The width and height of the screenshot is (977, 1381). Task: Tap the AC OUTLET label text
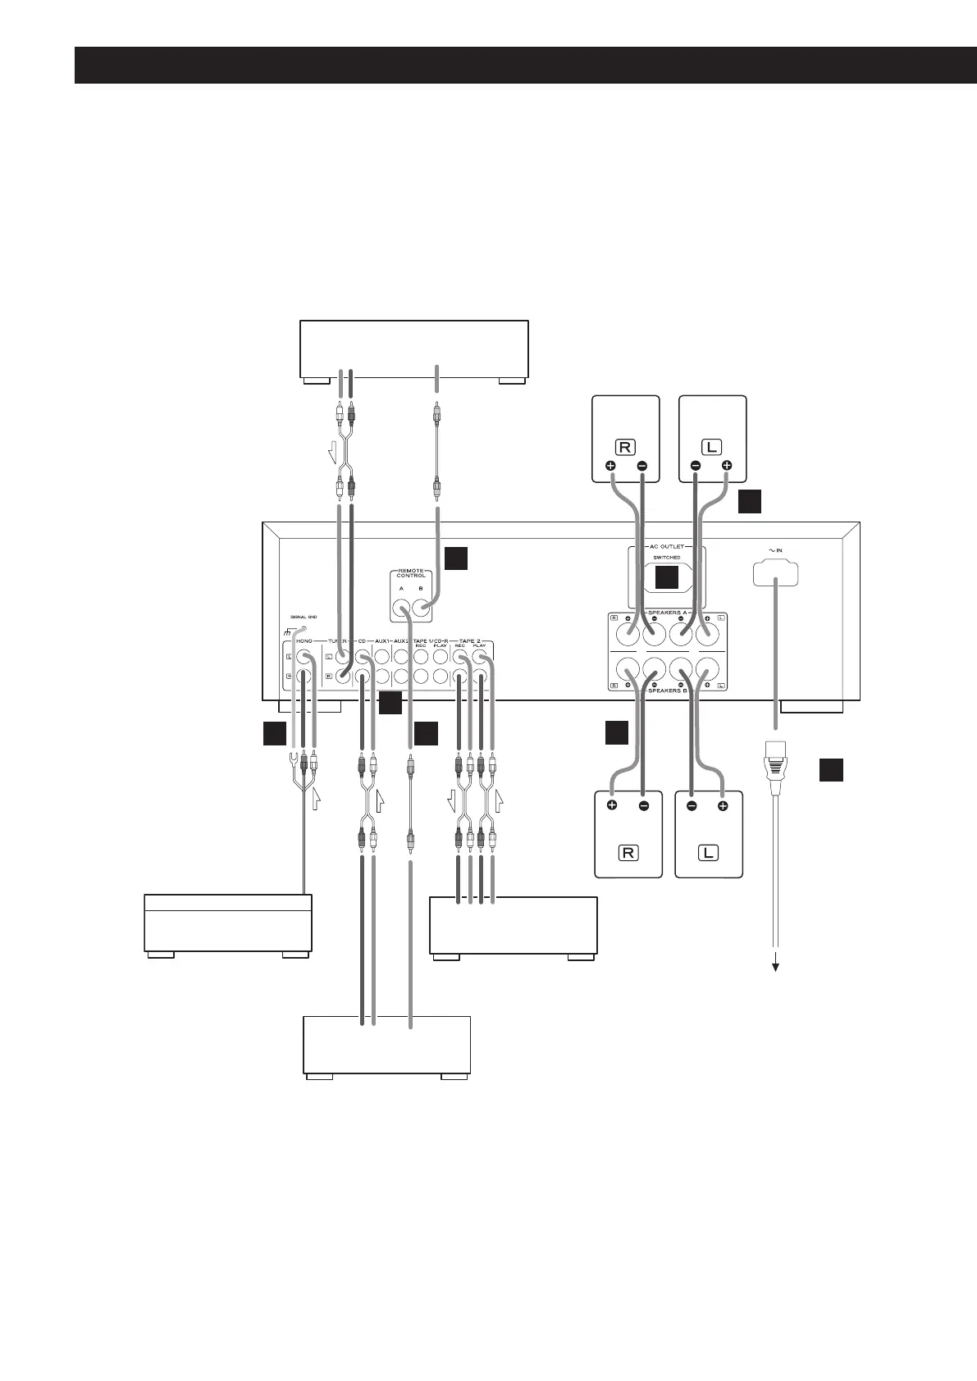click(666, 546)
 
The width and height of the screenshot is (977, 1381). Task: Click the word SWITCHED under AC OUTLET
click(666, 558)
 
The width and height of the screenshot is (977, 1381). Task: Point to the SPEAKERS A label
click(665, 613)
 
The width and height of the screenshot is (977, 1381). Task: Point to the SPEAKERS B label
click(665, 691)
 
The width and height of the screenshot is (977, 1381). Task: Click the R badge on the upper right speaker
click(626, 448)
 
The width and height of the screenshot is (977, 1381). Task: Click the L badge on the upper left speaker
click(710, 448)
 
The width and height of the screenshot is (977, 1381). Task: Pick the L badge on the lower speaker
click(708, 852)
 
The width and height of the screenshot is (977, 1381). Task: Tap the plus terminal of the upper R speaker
click(611, 467)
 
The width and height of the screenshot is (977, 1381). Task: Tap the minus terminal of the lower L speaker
click(692, 806)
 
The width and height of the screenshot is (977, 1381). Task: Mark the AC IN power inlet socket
click(775, 572)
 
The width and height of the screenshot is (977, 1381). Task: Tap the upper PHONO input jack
click(304, 658)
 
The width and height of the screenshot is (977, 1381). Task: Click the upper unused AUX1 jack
click(381, 658)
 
